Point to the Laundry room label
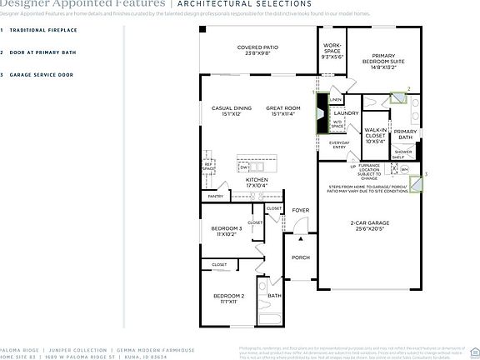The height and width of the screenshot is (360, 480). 346,113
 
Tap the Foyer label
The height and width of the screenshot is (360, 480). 300,210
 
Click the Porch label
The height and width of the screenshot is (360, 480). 300,257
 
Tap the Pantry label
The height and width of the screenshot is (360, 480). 216,197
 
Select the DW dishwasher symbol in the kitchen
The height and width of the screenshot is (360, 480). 244,167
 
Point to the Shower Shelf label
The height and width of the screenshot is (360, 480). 402,154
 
